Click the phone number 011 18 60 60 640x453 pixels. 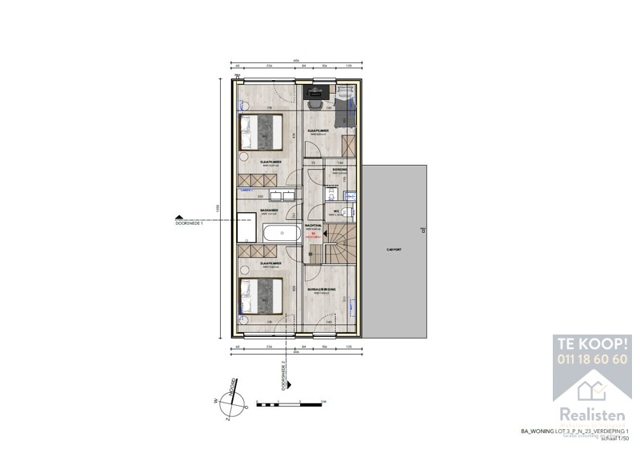[592, 359]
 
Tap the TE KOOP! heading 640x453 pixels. [592, 344]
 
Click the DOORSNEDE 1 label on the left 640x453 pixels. [190, 224]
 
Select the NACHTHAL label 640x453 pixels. [313, 226]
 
